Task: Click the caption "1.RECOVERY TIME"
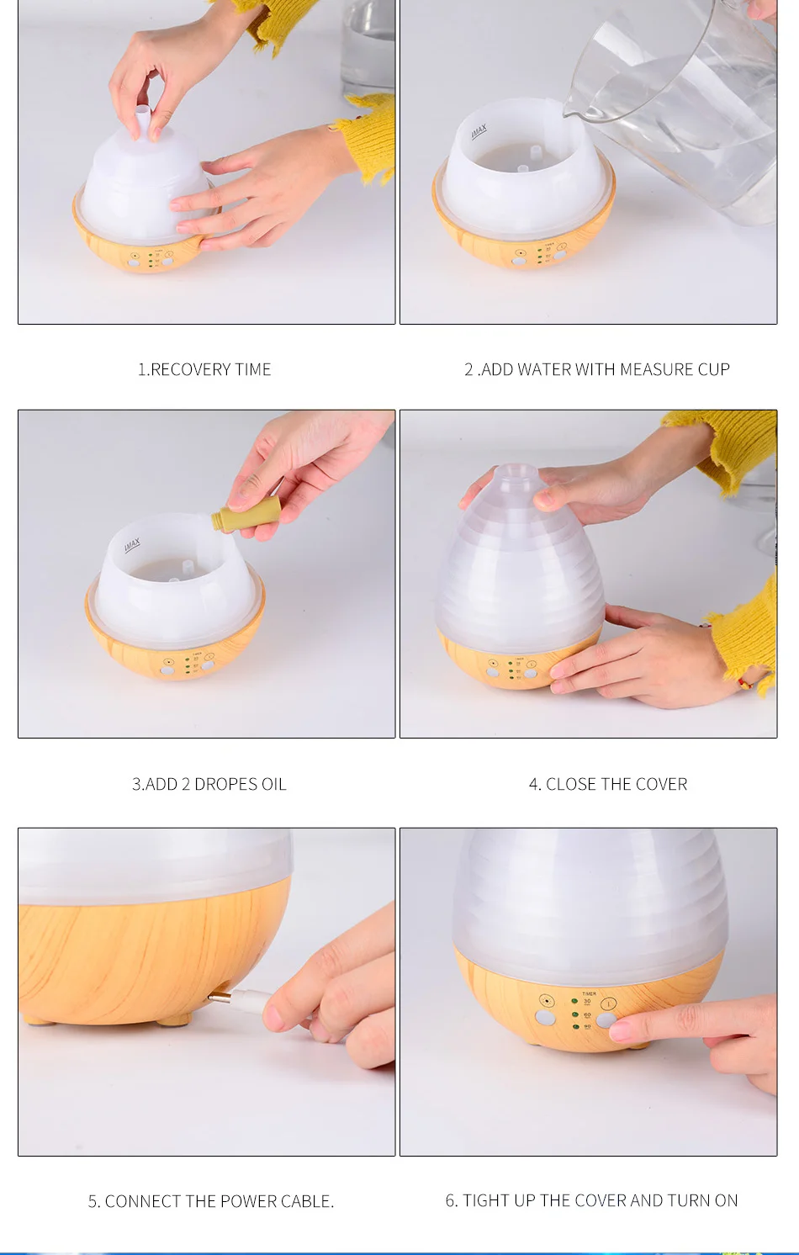pyautogui.click(x=204, y=369)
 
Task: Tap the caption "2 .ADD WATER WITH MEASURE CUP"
pyautogui.click(x=597, y=369)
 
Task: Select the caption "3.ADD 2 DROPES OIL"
pyautogui.click(x=209, y=784)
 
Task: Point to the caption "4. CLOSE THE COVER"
pyautogui.click(x=608, y=784)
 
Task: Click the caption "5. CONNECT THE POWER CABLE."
pyautogui.click(x=210, y=1201)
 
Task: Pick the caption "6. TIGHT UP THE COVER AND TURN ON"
pyautogui.click(x=591, y=1200)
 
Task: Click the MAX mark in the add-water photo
pyautogui.click(x=479, y=132)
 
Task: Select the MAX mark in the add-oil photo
pyautogui.click(x=132, y=545)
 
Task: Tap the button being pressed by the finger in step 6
pyautogui.click(x=606, y=1019)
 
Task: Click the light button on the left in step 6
pyautogui.click(x=545, y=1018)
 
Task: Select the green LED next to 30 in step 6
pyautogui.click(x=574, y=1001)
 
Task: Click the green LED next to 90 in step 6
pyautogui.click(x=575, y=1027)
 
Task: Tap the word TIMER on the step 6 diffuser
pyautogui.click(x=589, y=993)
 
